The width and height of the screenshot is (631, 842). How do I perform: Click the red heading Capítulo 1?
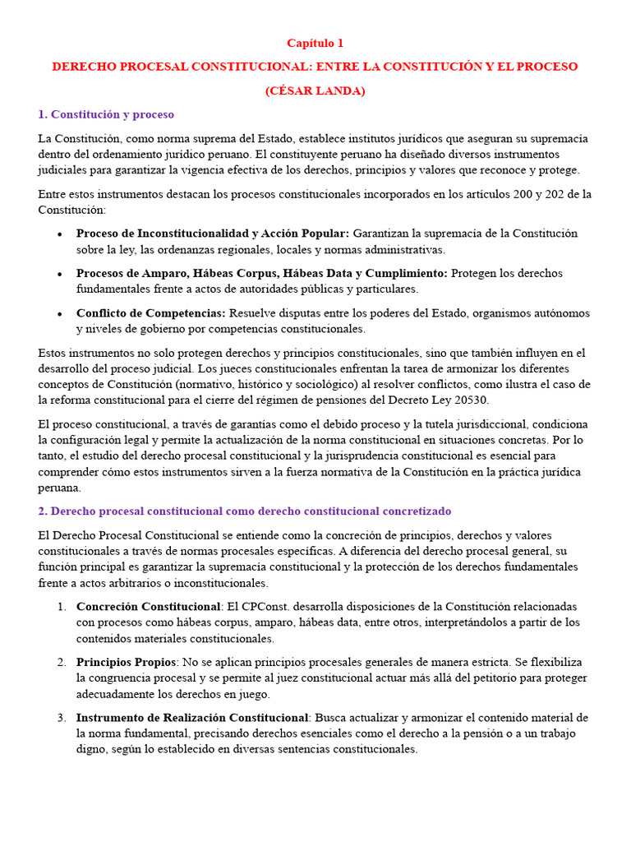point(315,43)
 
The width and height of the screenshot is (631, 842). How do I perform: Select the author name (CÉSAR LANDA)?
point(315,90)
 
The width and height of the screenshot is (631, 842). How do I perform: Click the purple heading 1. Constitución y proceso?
point(106,114)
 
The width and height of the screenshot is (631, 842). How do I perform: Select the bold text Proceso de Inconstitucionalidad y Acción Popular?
point(213,234)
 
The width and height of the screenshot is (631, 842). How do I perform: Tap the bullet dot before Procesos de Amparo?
point(60,274)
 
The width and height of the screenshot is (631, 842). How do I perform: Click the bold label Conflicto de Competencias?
point(151,313)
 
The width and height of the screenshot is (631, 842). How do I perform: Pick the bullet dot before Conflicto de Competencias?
point(60,314)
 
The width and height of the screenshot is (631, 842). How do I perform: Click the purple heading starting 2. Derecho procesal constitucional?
point(245,511)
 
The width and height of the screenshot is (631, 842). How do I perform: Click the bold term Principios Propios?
point(127,662)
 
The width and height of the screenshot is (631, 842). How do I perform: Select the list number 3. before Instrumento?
point(62,718)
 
